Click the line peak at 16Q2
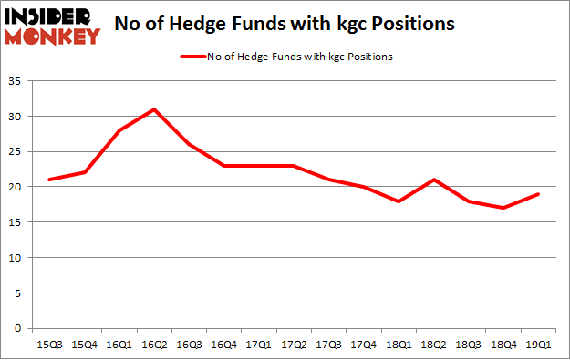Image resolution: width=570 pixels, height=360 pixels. coord(154,109)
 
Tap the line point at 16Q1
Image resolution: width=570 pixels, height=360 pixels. coord(119,130)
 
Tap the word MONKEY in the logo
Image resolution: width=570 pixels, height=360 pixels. coord(54,36)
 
